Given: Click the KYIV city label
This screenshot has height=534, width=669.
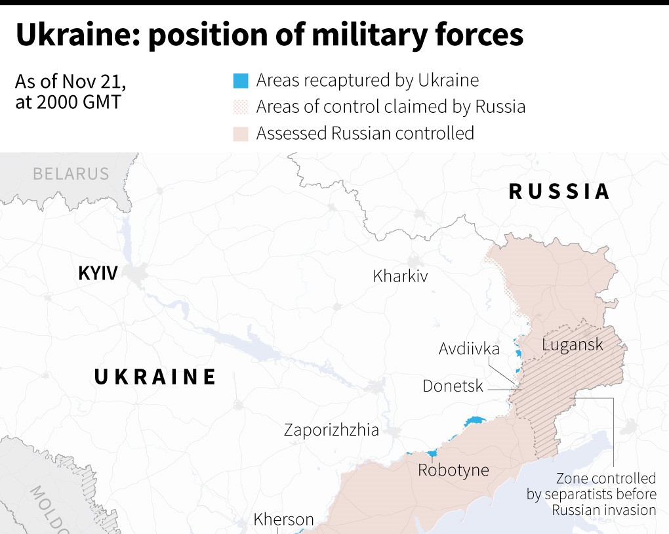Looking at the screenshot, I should click(x=98, y=273).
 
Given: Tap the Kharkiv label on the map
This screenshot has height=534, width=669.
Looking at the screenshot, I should click(x=400, y=276).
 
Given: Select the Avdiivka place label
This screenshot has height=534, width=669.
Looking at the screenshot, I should click(x=469, y=348).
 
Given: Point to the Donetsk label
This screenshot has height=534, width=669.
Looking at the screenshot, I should click(x=453, y=386).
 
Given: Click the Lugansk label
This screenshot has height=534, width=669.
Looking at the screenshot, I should click(x=573, y=344).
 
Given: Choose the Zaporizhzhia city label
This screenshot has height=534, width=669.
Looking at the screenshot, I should click(x=331, y=430).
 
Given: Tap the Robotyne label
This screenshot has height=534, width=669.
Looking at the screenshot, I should click(x=453, y=470).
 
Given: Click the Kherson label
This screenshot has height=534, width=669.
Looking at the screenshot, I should click(x=284, y=520).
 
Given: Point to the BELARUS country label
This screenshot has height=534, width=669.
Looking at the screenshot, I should click(x=71, y=174).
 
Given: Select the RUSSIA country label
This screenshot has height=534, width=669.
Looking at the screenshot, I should click(x=559, y=192).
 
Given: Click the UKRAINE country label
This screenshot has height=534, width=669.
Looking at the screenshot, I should click(x=155, y=377).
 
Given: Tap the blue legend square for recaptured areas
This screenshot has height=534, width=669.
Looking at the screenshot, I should click(x=241, y=81).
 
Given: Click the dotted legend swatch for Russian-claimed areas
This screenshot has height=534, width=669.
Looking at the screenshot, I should click(x=241, y=107).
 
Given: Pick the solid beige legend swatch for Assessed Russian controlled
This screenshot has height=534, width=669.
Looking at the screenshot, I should click(x=241, y=134).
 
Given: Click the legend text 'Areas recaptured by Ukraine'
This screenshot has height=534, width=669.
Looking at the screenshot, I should click(x=367, y=81).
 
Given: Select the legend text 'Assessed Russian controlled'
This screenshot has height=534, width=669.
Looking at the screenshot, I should click(x=365, y=134).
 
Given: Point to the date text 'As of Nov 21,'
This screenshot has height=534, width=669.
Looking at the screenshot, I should click(x=70, y=82).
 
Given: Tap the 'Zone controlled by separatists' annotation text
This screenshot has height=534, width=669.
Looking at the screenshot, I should click(x=591, y=494).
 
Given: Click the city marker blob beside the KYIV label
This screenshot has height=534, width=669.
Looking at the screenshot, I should click(x=138, y=274).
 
